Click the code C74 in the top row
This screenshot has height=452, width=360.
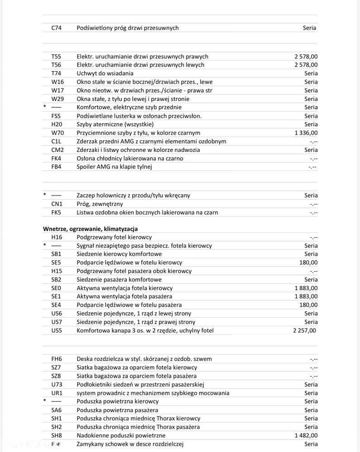click(57, 28)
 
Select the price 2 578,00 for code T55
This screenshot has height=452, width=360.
click(306, 57)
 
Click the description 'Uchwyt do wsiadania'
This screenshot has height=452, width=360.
click(105, 73)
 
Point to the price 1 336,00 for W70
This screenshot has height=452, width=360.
click(306, 133)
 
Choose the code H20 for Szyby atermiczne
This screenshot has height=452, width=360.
click(57, 124)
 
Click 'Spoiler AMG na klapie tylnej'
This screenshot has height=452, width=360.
click(114, 167)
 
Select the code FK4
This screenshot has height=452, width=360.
click(57, 158)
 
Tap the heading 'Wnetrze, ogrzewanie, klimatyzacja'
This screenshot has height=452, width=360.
click(90, 229)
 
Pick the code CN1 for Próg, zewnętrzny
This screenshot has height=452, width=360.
click(57, 204)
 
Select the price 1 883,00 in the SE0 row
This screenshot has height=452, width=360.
click(306, 288)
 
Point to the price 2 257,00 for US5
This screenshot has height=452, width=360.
click(305, 331)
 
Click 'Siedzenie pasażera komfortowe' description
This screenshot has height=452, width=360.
click(119, 280)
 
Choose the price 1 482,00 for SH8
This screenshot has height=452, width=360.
click(306, 436)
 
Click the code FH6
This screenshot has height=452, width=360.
click(57, 359)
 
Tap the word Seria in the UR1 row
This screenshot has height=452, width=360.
click(311, 393)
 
